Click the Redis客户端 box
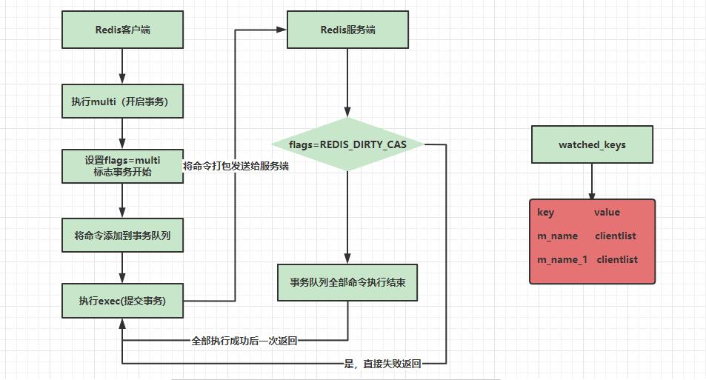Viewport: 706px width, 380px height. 122,30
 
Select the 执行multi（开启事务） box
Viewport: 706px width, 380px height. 122,101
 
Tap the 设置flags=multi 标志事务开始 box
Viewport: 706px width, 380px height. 122,166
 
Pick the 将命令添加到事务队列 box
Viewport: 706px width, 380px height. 122,236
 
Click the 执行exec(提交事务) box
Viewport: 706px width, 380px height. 122,301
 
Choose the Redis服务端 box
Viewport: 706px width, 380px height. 347,30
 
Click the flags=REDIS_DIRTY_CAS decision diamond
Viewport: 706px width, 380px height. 347,144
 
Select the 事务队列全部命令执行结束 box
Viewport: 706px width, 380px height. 347,283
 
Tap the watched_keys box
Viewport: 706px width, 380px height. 592,144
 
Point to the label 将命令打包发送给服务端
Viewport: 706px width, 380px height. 236,167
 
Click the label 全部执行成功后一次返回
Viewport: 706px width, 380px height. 244,341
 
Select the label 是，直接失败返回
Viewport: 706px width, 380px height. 382,364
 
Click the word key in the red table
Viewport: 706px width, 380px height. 546,213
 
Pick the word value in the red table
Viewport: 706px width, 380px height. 607,213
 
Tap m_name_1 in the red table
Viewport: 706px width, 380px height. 562,259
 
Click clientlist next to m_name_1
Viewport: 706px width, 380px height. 617,259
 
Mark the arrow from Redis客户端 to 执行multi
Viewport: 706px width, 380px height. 122,67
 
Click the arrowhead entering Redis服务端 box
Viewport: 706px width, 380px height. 281,30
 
